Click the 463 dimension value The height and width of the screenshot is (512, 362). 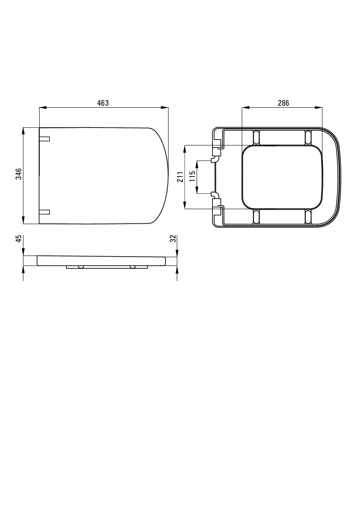point(103,103)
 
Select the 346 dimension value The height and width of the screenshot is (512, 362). point(19,174)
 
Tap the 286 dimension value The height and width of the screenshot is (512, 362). point(283,103)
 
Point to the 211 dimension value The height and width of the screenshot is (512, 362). point(181,177)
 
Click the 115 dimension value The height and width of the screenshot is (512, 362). point(193,176)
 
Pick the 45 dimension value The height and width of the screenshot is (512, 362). point(19,238)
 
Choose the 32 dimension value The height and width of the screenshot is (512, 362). point(173,238)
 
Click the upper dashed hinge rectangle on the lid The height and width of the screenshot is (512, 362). point(44,139)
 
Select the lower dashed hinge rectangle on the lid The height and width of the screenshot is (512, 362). point(44,212)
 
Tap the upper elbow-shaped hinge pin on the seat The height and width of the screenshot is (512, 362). point(215,159)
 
